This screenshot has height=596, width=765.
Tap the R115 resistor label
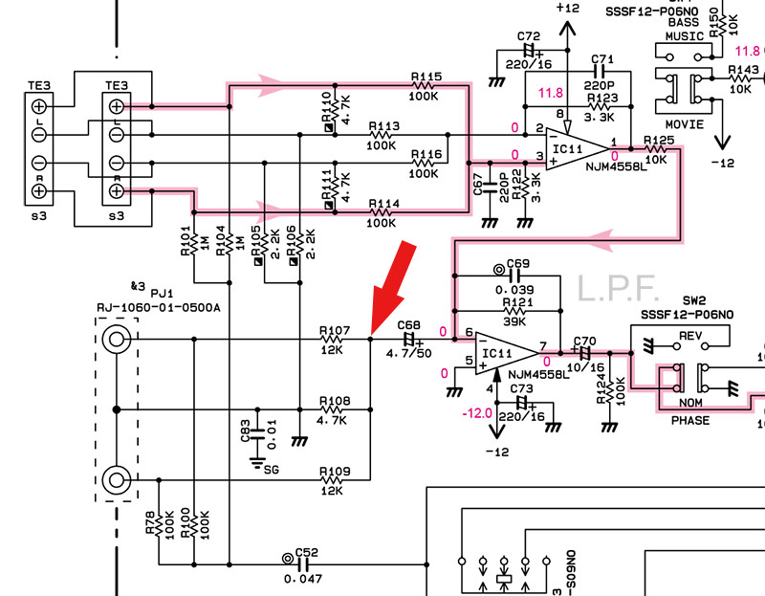click(426, 76)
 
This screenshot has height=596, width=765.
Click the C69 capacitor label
click(517, 262)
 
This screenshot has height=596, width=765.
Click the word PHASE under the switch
click(689, 420)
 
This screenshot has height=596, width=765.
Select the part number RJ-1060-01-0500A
click(158, 306)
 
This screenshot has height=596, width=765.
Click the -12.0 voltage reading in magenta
click(474, 413)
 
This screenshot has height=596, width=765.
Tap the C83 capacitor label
click(244, 433)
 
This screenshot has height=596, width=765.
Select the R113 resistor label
click(382, 125)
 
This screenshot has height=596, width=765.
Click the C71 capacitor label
click(601, 58)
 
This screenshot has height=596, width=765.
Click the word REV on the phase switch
click(690, 336)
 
